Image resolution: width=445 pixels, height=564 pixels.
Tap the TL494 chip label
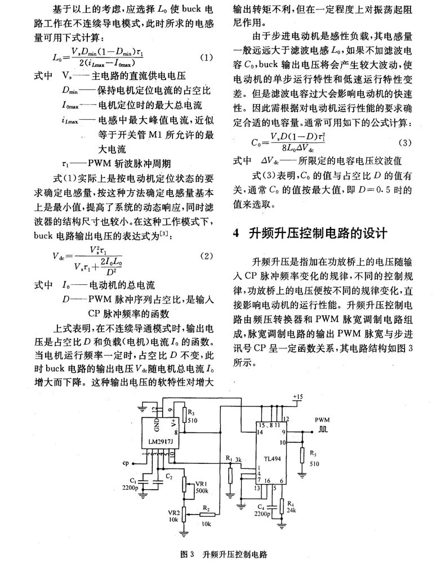(x=272, y=459)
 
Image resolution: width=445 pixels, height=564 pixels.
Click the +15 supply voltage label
(x=298, y=397)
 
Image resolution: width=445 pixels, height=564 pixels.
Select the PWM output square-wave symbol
(x=323, y=429)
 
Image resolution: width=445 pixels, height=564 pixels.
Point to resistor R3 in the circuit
(x=184, y=415)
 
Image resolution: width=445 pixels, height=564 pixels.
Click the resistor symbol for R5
(x=302, y=456)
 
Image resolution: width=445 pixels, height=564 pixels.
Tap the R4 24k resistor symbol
(x=282, y=507)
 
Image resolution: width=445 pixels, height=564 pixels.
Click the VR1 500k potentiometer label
(x=202, y=487)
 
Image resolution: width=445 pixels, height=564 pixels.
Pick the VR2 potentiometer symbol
(x=184, y=514)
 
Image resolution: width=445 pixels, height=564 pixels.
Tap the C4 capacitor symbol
(x=272, y=508)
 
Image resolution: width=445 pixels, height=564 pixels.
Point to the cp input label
(x=126, y=463)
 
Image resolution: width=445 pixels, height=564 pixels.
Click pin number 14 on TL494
(x=260, y=432)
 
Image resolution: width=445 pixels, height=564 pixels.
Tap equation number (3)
(x=404, y=142)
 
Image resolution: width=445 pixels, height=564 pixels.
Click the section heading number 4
(x=236, y=233)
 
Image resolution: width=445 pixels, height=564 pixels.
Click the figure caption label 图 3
(x=187, y=554)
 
